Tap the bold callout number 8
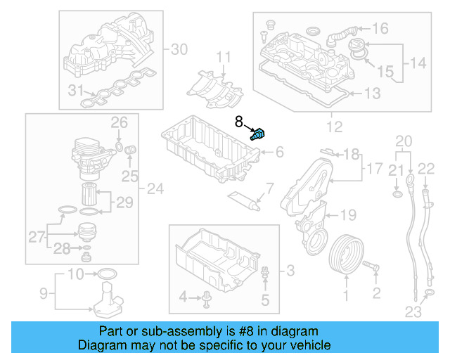[x=238, y=121]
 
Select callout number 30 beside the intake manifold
[x=180, y=49]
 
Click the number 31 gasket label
[x=74, y=90]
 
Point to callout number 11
[x=223, y=57]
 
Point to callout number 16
[x=380, y=29]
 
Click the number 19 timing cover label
[x=348, y=214]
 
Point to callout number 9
[x=42, y=292]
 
